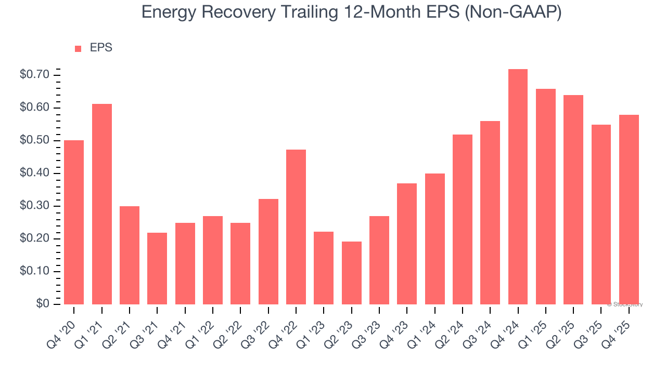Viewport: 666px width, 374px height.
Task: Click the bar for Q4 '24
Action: [x=518, y=186]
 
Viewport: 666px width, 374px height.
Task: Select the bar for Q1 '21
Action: [x=101, y=204]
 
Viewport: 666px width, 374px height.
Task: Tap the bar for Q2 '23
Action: [x=351, y=273]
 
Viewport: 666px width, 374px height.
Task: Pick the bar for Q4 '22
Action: [x=296, y=226]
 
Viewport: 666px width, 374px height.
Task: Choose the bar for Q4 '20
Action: [x=74, y=222]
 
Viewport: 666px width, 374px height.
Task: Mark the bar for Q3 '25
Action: [x=601, y=214]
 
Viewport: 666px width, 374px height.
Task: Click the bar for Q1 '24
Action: [x=434, y=238]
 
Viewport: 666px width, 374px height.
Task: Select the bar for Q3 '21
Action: [x=157, y=268]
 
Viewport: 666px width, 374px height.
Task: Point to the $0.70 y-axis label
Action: [x=34, y=75]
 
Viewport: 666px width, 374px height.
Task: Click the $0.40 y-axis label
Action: [x=34, y=173]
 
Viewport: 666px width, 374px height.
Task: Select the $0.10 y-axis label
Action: [x=34, y=272]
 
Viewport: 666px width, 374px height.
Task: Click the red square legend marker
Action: [x=78, y=49]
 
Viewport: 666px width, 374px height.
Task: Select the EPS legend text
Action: [x=101, y=48]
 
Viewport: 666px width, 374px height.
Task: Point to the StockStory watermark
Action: [x=625, y=304]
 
